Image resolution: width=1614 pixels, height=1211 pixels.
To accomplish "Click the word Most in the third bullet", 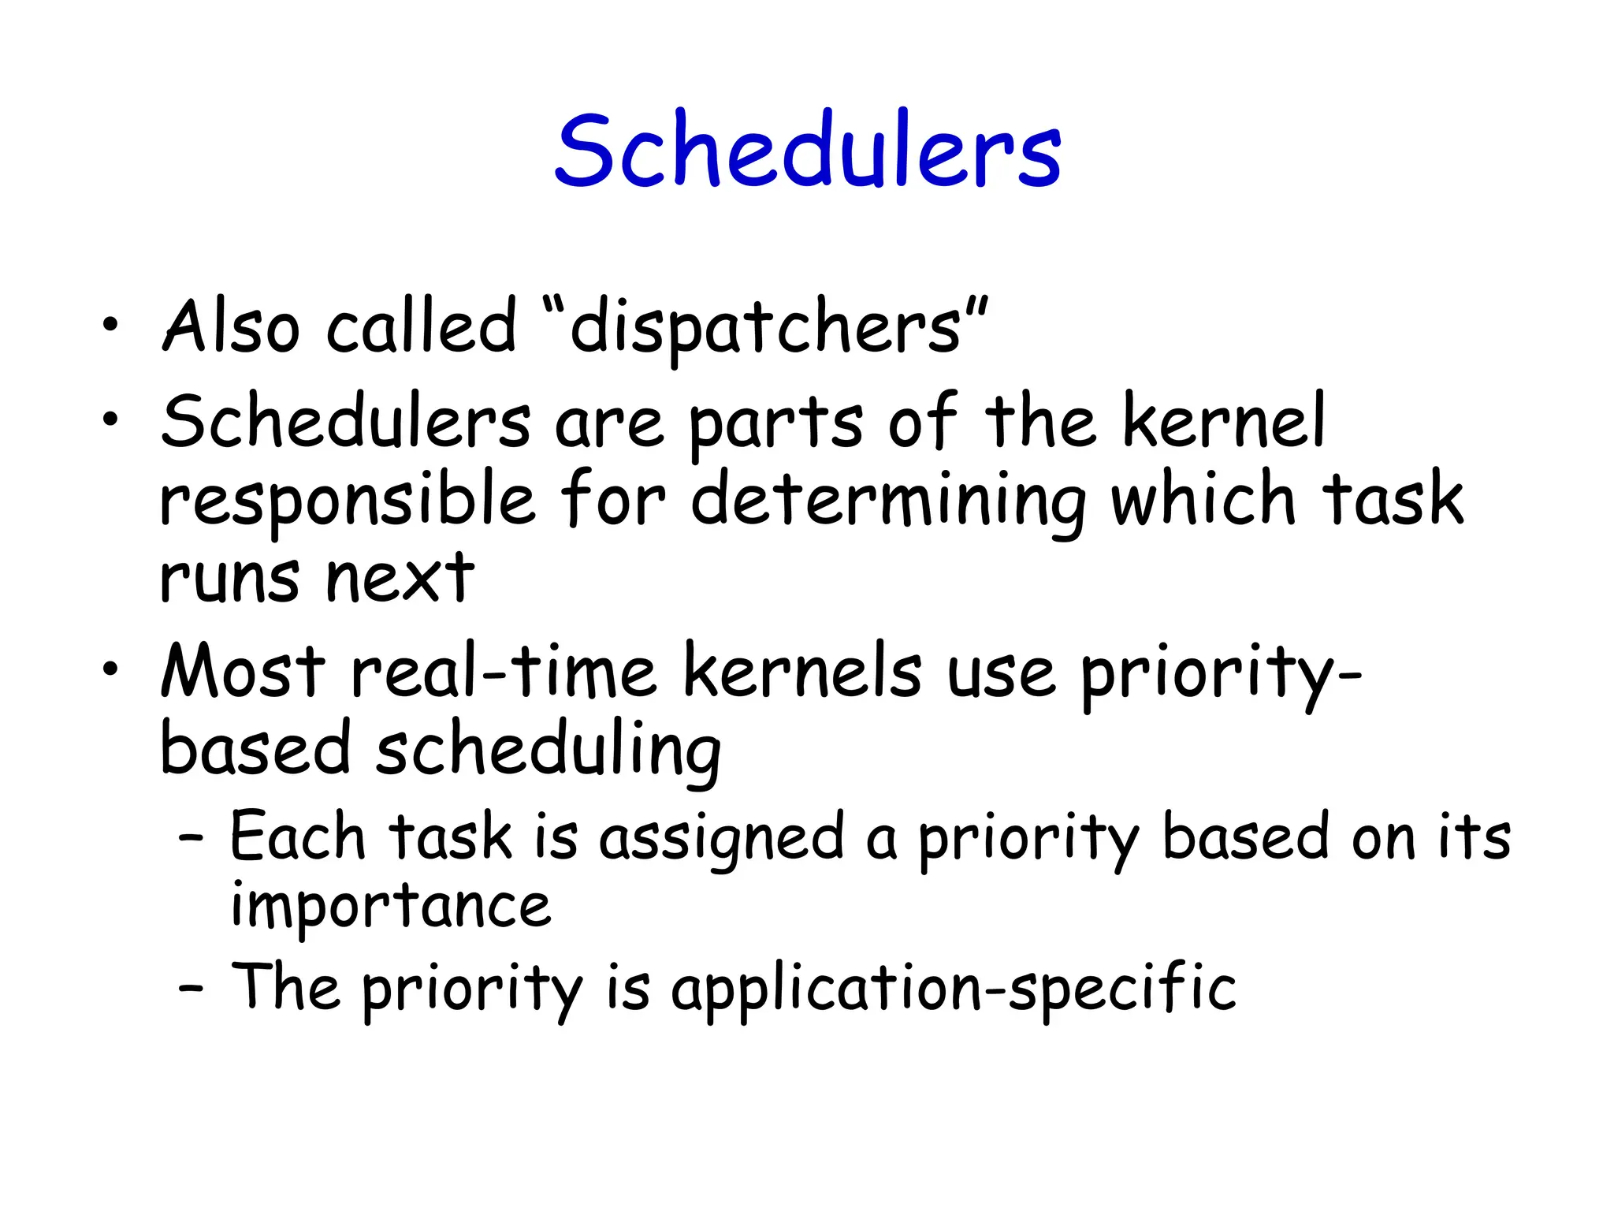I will coord(243,671).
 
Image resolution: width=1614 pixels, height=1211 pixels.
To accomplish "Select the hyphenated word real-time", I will coord(504,671).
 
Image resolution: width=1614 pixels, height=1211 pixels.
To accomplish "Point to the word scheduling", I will coord(549,751).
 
